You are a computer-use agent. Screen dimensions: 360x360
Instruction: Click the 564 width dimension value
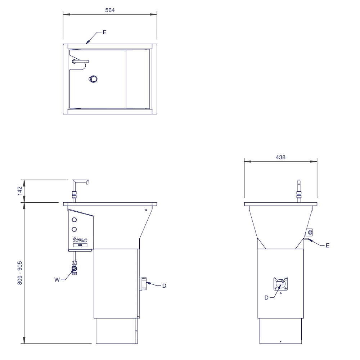(x=110, y=10)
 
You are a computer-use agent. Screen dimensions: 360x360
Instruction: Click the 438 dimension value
(x=280, y=157)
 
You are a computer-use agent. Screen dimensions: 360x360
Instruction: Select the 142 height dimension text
(x=20, y=191)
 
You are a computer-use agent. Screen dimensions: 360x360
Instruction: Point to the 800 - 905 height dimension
(x=20, y=273)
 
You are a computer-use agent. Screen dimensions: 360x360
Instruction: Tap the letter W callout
(x=57, y=280)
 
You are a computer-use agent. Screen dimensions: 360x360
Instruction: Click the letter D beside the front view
(x=164, y=286)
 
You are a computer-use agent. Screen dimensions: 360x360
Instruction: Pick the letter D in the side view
(x=266, y=298)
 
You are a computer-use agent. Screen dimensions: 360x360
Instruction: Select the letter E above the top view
(x=104, y=32)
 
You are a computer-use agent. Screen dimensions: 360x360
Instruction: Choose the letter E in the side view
(x=328, y=246)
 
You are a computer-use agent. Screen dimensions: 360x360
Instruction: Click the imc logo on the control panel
(x=80, y=240)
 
